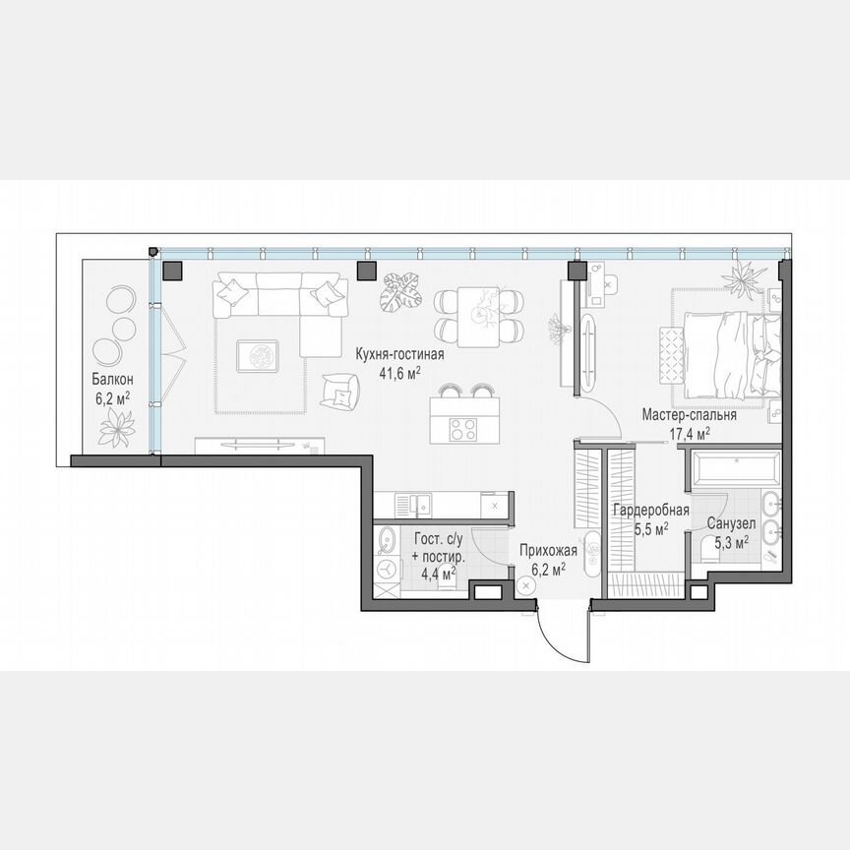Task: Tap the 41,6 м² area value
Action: click(400, 373)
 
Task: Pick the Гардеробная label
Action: click(649, 511)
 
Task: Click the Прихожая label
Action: click(542, 554)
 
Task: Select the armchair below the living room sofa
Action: click(340, 391)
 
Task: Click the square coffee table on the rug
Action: click(258, 355)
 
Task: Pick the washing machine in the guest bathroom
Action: click(389, 572)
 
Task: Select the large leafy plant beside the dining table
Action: click(400, 291)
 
